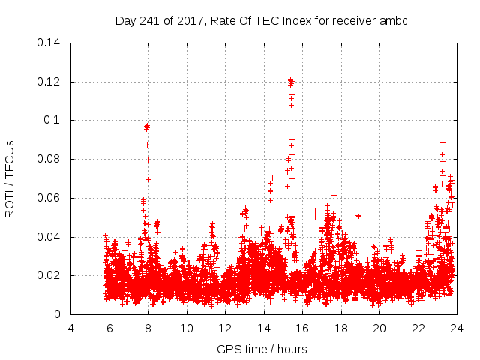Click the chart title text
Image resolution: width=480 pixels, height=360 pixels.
tap(261, 21)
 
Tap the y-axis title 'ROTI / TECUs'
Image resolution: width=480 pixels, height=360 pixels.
tap(10, 178)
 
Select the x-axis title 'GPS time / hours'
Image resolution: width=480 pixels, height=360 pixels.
tap(262, 349)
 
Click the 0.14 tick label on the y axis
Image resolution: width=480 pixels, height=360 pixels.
tap(49, 43)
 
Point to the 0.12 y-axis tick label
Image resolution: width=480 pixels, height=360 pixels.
tap(49, 82)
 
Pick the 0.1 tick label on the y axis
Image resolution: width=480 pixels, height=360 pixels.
tap(52, 120)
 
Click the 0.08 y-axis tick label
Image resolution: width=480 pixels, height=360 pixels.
tap(49, 159)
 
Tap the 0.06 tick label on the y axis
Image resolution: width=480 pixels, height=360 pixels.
tap(49, 198)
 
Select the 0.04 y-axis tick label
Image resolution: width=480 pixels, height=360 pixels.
tap(49, 237)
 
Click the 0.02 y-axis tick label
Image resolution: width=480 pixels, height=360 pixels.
tap(49, 275)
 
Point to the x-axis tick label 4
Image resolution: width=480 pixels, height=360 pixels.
tap(71, 328)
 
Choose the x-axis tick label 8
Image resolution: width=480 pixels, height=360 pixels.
tap(148, 328)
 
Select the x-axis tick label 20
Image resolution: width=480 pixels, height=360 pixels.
tap(379, 328)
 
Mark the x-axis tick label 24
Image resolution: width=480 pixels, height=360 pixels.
tap(456, 328)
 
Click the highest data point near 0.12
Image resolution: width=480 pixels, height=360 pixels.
tap(290, 79)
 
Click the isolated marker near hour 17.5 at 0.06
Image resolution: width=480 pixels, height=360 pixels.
tap(334, 195)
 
